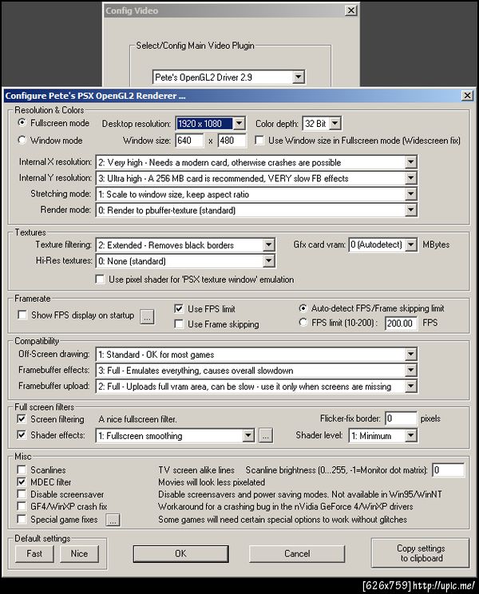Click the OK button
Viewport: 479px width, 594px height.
[x=180, y=553]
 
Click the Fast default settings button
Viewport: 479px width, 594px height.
[x=34, y=553]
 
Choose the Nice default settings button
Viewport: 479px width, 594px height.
[x=79, y=553]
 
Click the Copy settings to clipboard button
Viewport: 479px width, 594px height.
[x=420, y=553]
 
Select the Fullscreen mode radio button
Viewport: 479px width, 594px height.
[x=22, y=124]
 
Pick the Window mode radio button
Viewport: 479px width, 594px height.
[x=22, y=141]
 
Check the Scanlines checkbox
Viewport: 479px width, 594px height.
[x=22, y=470]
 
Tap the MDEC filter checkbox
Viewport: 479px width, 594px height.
[x=22, y=482]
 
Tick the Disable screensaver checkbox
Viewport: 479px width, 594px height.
[x=22, y=495]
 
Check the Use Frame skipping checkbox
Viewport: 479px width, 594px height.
[x=180, y=324]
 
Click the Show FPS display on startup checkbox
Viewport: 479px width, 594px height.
[x=22, y=315]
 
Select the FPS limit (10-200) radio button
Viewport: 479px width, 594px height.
[x=303, y=323]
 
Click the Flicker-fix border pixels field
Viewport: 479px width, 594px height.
[x=400, y=418]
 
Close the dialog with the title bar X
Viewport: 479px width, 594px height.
[x=466, y=96]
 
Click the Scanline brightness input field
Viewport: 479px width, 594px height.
[x=448, y=470]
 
